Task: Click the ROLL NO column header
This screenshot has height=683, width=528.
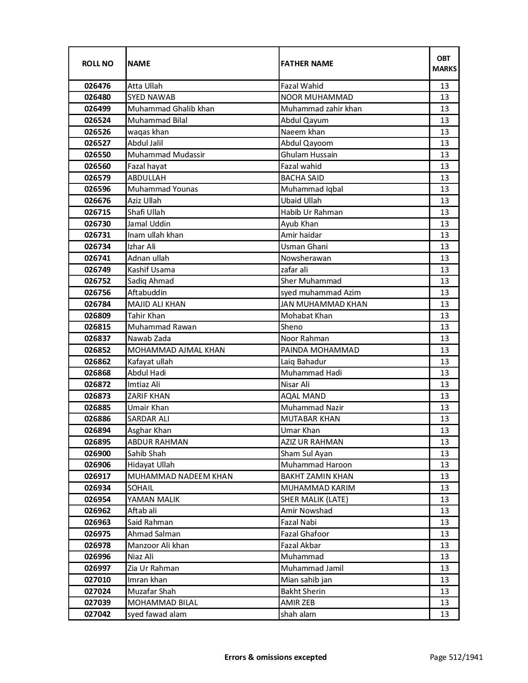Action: pyautogui.click(x=97, y=64)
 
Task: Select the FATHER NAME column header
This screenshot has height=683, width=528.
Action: pyautogui.click(x=307, y=64)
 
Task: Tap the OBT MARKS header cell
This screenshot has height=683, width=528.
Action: pyautogui.click(x=444, y=64)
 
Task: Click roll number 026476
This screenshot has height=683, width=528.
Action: pyautogui.click(x=97, y=86)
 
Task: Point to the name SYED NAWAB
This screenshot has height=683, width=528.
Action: pyautogui.click(x=151, y=97)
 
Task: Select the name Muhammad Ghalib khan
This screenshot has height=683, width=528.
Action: pyautogui.click(x=171, y=109)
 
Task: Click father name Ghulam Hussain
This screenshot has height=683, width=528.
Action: pyautogui.click(x=309, y=155)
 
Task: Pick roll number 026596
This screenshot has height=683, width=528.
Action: pyautogui.click(x=97, y=189)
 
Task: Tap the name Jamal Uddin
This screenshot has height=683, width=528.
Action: pyautogui.click(x=149, y=224)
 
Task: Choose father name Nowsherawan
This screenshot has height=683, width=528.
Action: pyautogui.click(x=306, y=258)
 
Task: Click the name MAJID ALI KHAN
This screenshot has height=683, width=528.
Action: pyautogui.click(x=157, y=304)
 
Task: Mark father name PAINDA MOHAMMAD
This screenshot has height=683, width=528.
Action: pyautogui.click(x=320, y=350)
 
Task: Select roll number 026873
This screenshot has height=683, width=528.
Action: pyautogui.click(x=97, y=396)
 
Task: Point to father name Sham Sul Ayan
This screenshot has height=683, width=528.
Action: pyautogui.click(x=306, y=454)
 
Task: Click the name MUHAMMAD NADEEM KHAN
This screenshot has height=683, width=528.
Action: pyautogui.click(x=180, y=476)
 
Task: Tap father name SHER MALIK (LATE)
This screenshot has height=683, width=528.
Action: pyautogui.click(x=314, y=500)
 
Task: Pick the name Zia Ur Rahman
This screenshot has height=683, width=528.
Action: pyautogui.click(x=153, y=568)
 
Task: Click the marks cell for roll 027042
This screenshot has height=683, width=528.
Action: pyautogui.click(x=444, y=614)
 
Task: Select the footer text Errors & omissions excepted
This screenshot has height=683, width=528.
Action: pyautogui.click(x=275, y=657)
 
